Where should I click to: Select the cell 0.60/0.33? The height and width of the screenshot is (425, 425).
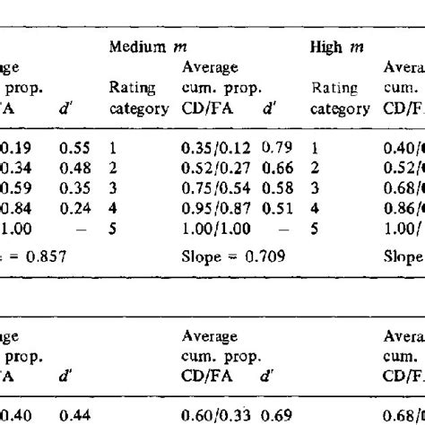(x=218, y=414)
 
